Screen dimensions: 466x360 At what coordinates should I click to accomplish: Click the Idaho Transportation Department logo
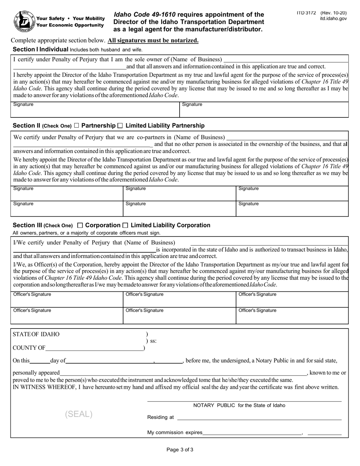[x=24, y=22]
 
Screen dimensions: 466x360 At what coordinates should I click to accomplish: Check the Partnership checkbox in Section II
[x=77, y=125]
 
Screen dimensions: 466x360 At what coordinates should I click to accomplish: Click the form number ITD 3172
[x=306, y=13]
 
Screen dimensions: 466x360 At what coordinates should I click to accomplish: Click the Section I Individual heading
[x=41, y=49]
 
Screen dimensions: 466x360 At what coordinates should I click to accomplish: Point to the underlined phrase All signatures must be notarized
[x=153, y=41]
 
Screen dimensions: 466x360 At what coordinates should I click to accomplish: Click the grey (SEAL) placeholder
[x=79, y=414]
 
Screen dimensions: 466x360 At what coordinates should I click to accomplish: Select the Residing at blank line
[x=259, y=418]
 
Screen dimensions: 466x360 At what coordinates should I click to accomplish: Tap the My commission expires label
[x=175, y=432]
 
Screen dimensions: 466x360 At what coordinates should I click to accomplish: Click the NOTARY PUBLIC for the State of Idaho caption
[x=239, y=405]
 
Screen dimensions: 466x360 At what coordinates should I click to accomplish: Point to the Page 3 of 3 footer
[x=180, y=450]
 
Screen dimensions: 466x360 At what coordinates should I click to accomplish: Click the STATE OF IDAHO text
[x=36, y=334]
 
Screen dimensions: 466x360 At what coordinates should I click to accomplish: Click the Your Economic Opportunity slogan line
[x=70, y=25]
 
